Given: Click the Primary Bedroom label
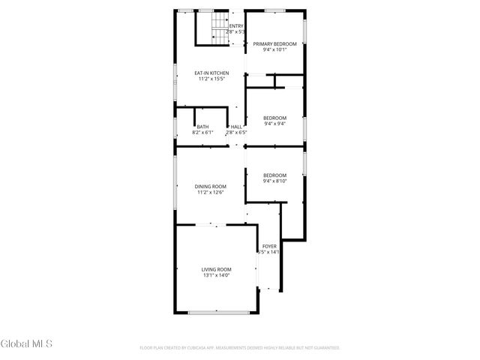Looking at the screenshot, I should [x=274, y=44].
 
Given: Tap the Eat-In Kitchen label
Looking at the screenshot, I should [x=211, y=73].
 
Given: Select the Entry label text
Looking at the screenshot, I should [x=236, y=26].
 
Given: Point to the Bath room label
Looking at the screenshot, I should [x=203, y=127].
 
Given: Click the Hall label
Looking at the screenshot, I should [x=236, y=127].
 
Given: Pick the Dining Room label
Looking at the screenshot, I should [x=211, y=186].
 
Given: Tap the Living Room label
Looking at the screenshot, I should [x=216, y=269].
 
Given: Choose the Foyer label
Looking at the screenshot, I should [x=269, y=246].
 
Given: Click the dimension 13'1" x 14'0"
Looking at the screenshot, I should [x=216, y=276].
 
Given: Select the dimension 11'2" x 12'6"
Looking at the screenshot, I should [x=211, y=193].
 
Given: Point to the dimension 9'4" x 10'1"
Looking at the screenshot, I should [x=274, y=50].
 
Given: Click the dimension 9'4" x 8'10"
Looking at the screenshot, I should [x=274, y=181].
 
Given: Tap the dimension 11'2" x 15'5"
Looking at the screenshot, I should [x=211, y=79].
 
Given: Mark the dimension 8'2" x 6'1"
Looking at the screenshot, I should [x=203, y=133].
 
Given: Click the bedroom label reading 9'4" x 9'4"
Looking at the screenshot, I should [x=274, y=124].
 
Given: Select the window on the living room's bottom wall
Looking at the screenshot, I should [x=217, y=312].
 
